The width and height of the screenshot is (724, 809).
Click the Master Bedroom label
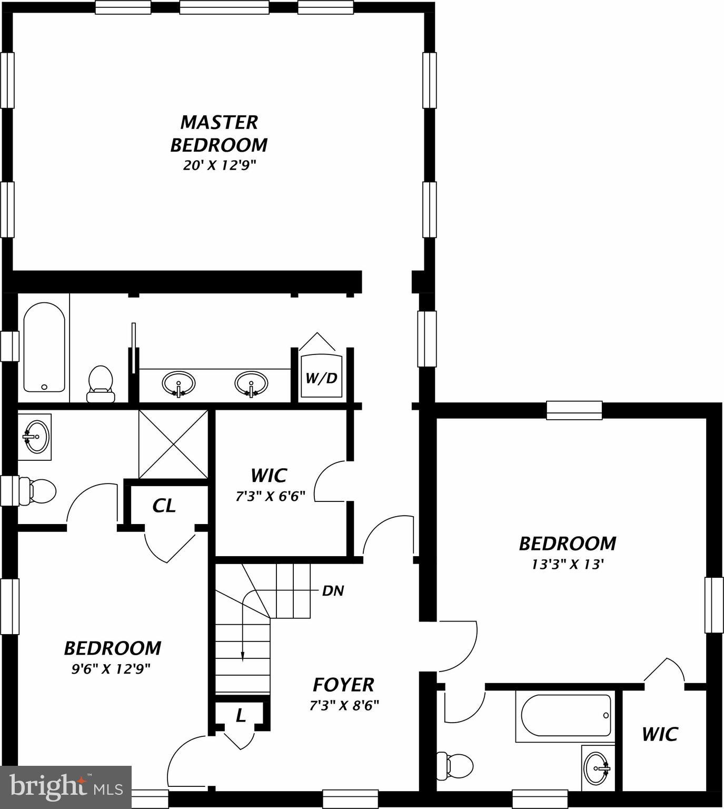219,133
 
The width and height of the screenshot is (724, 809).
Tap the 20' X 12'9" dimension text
219,165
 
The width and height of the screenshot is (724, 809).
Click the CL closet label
164,506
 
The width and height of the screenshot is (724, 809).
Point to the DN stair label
333,591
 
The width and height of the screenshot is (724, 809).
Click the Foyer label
343,685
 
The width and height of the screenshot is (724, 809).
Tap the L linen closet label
241,715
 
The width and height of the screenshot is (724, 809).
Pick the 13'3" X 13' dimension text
567,565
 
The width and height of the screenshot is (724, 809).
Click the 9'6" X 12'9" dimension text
111,669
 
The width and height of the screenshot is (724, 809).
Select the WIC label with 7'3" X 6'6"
269,476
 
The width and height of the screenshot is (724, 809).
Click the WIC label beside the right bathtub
660,734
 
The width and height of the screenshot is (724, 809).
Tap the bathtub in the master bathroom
44,348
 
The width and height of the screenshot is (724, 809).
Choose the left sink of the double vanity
178,383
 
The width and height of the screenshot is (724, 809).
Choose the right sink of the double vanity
251,383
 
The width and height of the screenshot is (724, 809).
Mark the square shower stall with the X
173,445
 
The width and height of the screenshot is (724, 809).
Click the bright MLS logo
66,787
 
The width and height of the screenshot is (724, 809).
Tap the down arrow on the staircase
242,655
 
